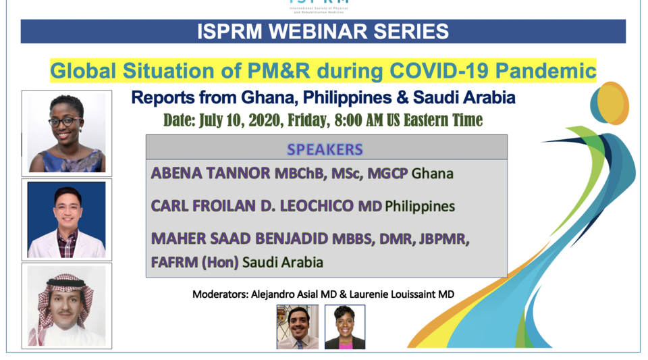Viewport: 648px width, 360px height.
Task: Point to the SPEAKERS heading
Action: (325, 149)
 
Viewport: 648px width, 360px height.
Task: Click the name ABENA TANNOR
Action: (211, 174)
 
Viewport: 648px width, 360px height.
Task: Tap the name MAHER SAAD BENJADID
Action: (240, 238)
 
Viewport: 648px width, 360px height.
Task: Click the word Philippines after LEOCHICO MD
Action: (420, 206)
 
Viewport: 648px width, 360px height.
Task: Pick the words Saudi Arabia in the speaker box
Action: (283, 262)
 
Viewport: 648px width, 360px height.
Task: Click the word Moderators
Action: (219, 294)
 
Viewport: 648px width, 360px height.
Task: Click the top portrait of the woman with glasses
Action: (66, 133)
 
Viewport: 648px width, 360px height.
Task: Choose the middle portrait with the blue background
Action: (66, 220)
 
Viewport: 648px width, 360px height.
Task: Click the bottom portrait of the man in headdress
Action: (66, 305)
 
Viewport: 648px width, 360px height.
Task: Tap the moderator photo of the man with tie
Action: (297, 327)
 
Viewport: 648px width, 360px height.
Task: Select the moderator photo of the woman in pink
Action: (344, 327)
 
